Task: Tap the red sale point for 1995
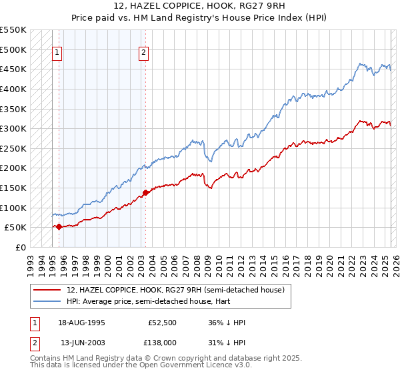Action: pos(59,226)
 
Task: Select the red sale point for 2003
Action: pos(145,193)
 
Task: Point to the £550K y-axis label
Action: pos(13,30)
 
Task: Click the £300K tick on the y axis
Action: pos(13,128)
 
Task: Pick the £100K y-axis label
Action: pos(13,208)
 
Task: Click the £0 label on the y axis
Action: pos(20,247)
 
